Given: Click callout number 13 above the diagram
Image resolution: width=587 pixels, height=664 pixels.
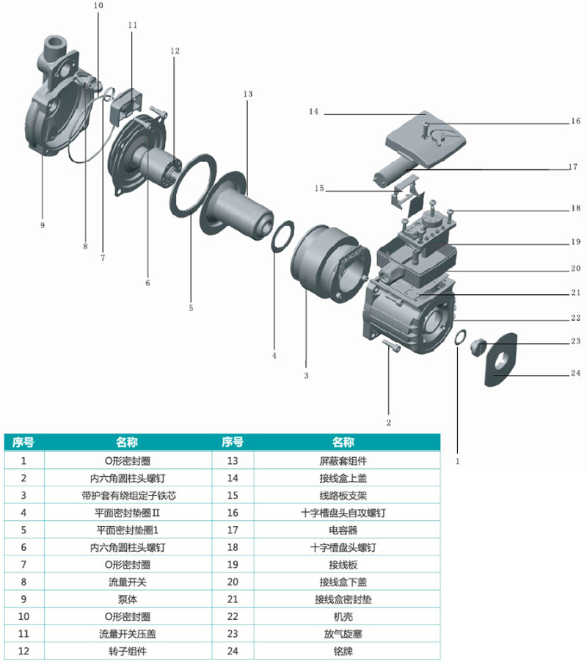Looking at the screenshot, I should pyautogui.click(x=247, y=95).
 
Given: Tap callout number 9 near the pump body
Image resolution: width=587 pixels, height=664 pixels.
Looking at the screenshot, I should pyautogui.click(x=43, y=225).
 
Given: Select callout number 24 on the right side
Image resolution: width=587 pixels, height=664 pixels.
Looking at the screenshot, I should pyautogui.click(x=575, y=373).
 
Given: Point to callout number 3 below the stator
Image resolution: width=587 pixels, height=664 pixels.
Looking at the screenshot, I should pyautogui.click(x=306, y=376).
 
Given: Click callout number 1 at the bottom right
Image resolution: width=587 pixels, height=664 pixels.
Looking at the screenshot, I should pyautogui.click(x=457, y=461).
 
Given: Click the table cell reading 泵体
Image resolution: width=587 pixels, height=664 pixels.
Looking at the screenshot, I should pyautogui.click(x=128, y=599).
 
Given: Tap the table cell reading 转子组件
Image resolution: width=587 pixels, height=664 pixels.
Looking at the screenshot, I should pyautogui.click(x=128, y=651).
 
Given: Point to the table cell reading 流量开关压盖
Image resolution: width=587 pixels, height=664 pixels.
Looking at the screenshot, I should pyautogui.click(x=128, y=633).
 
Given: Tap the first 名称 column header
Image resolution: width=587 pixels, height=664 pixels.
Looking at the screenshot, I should pyautogui.click(x=128, y=443).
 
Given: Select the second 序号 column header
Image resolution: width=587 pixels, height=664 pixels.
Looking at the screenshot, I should pyautogui.click(x=233, y=443).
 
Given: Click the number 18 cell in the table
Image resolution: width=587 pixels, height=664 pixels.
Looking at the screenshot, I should pyautogui.click(x=233, y=547).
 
